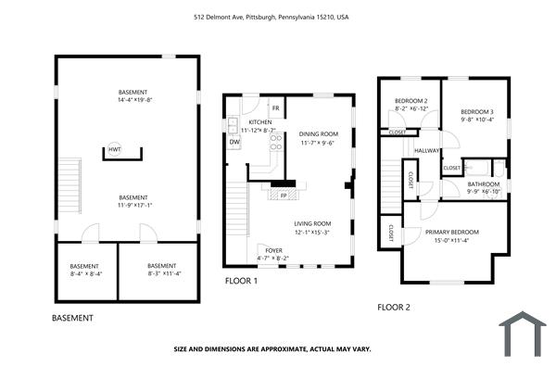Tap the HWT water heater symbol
115,150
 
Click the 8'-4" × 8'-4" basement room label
86,270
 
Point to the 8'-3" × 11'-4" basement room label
161,270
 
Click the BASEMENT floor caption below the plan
72,318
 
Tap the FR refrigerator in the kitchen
275,109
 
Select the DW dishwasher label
234,142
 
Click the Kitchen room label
259,127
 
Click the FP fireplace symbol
285,196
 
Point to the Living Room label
313,227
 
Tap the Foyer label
273,254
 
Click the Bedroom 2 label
411,105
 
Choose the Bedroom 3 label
477,115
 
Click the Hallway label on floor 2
427,151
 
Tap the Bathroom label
483,188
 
